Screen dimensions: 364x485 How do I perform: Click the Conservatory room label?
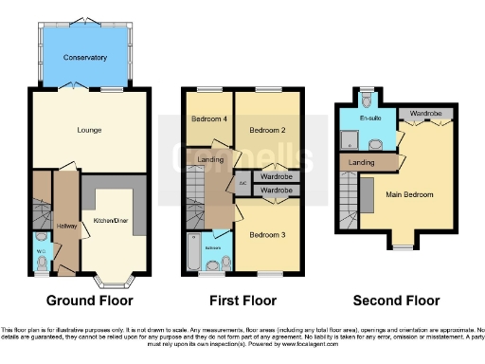point(85,58)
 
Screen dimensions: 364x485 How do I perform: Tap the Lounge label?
point(88,130)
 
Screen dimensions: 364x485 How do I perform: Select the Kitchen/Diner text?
point(112,221)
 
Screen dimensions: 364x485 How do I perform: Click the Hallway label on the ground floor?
point(65,225)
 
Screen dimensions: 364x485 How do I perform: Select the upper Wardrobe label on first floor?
point(276,176)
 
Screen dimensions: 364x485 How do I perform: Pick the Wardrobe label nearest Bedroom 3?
point(276,191)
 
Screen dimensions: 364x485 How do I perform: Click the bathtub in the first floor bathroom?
point(196,255)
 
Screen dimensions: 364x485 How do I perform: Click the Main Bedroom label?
point(411,194)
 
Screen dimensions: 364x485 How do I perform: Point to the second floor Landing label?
point(361,163)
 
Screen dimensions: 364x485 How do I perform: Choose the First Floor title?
point(243,300)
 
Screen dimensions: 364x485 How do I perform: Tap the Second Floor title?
point(396,300)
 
